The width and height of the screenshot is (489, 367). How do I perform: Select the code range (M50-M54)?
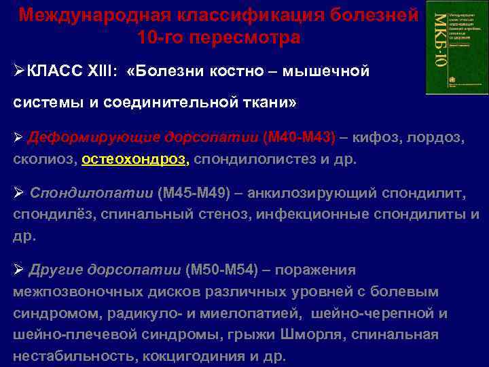222,270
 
